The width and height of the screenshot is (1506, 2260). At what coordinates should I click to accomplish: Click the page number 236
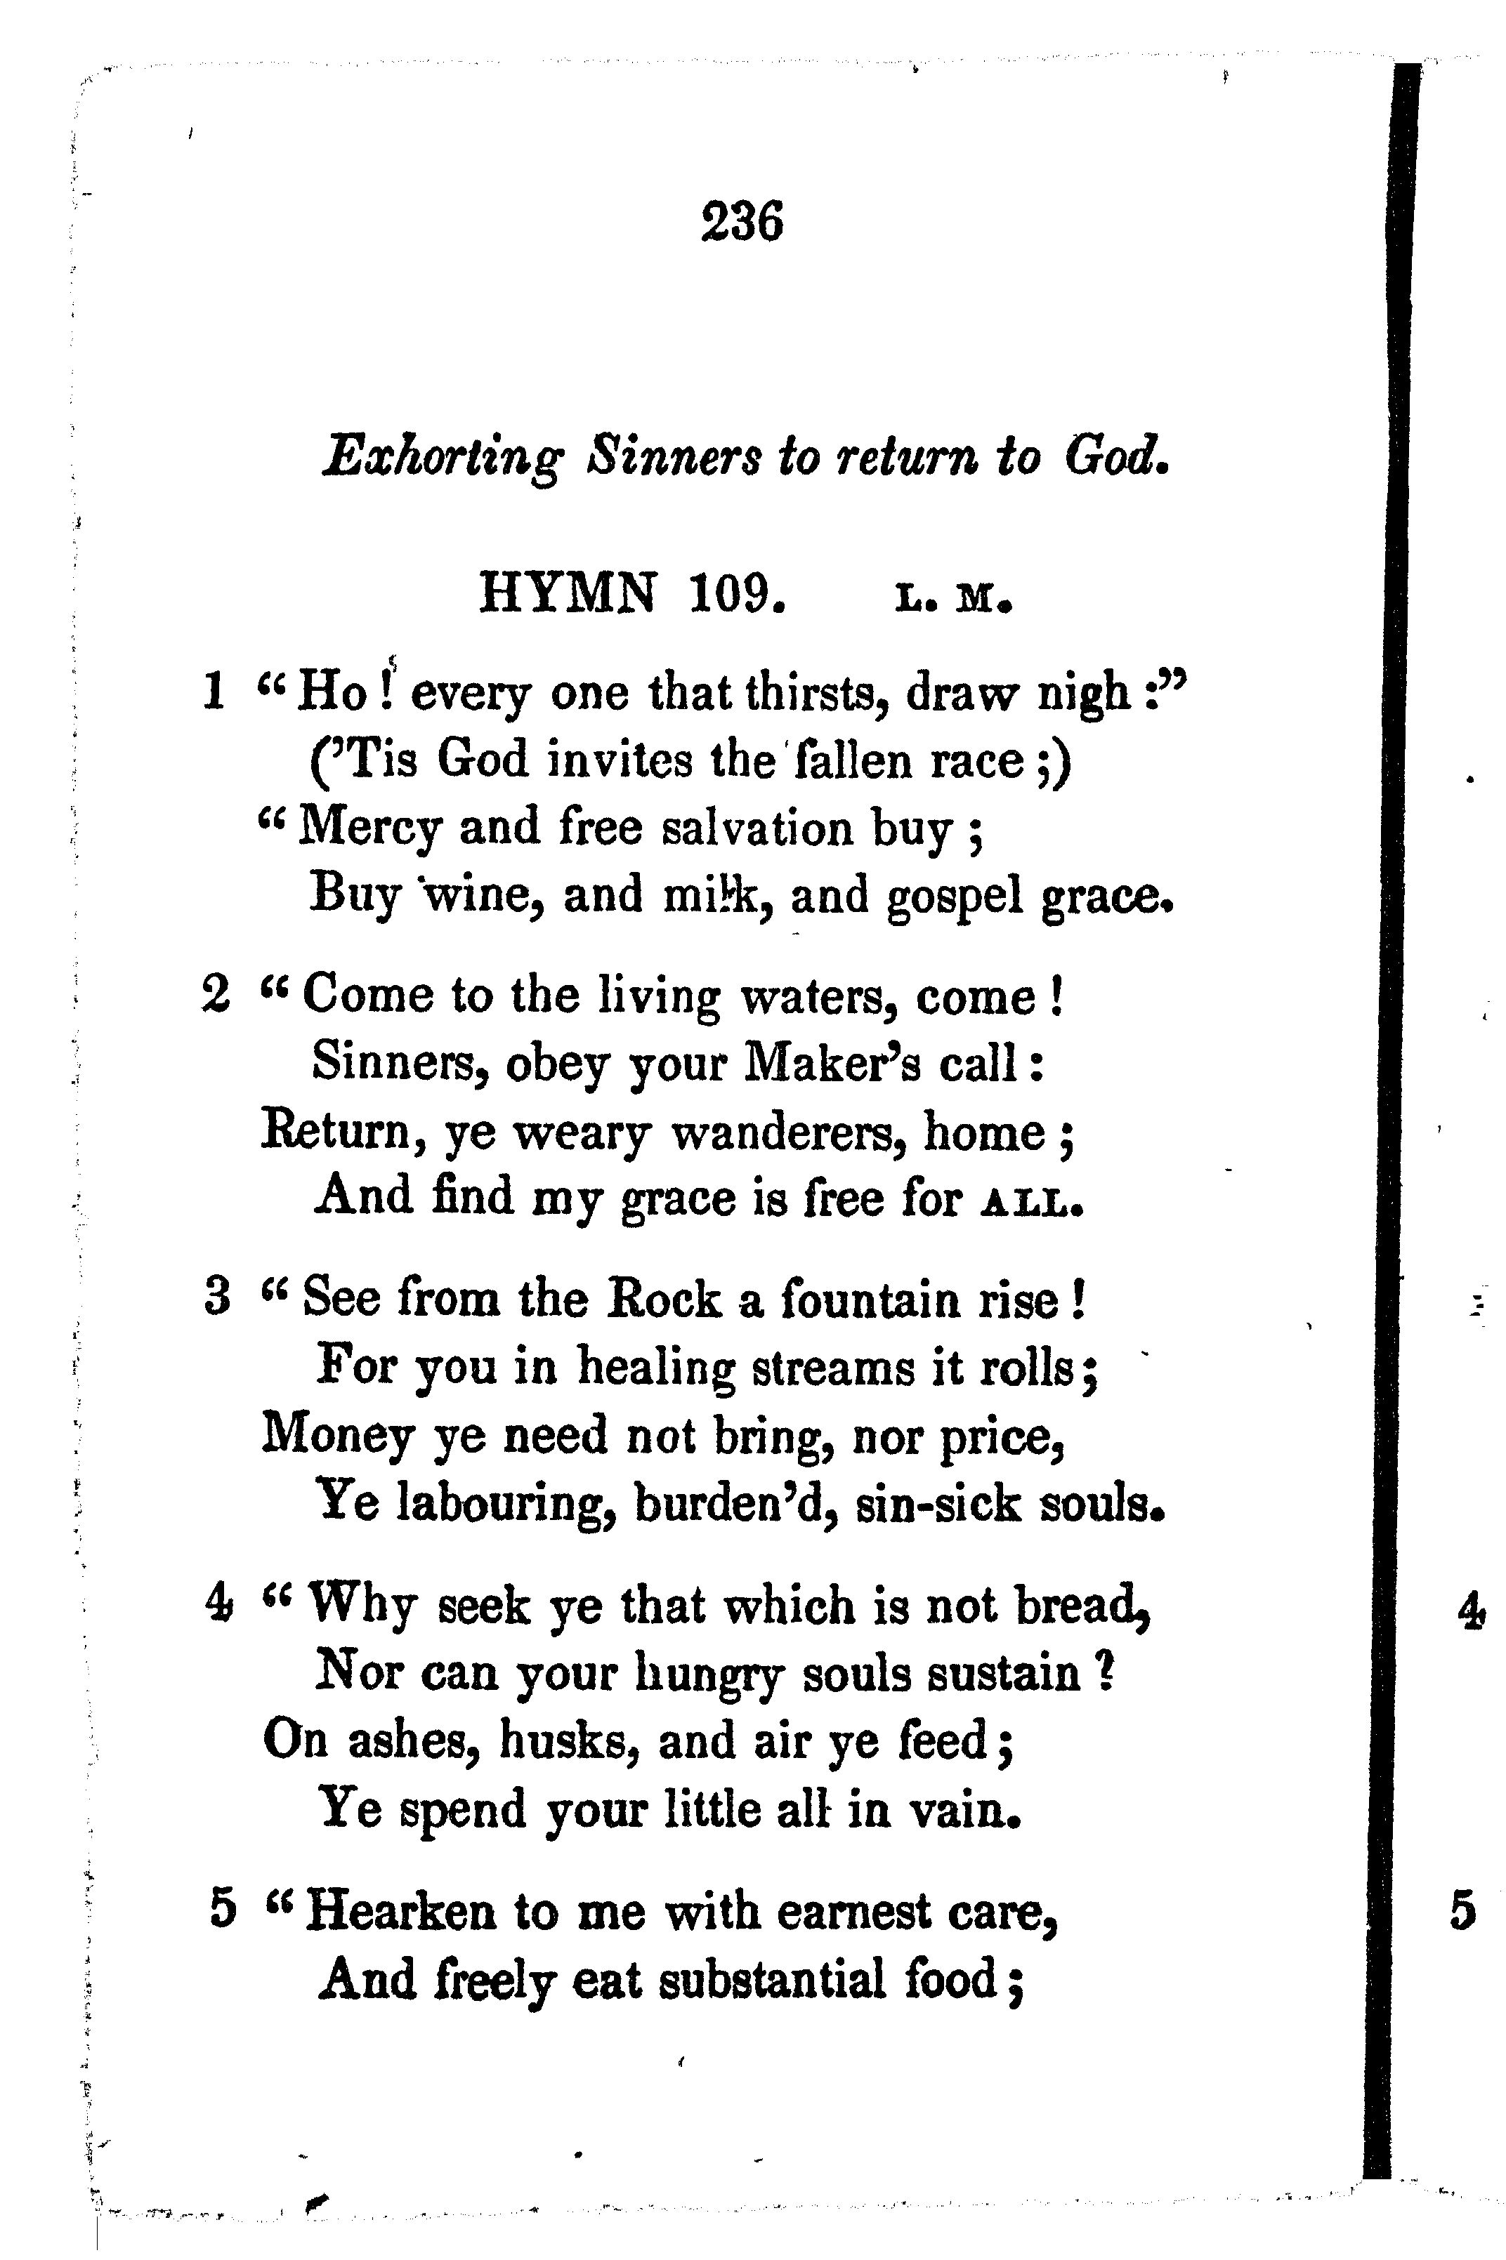(x=742, y=222)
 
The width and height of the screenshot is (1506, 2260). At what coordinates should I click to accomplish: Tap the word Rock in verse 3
(x=662, y=1301)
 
